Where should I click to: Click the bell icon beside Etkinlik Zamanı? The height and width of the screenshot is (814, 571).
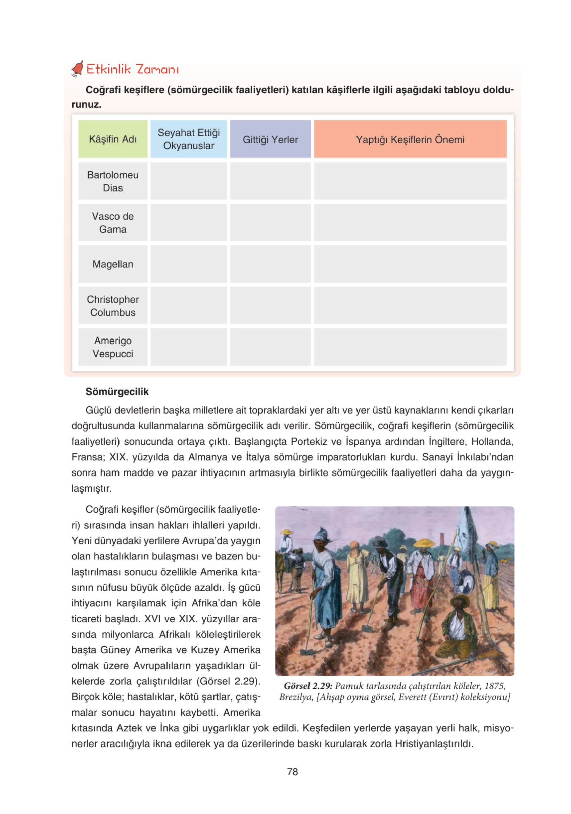(x=77, y=69)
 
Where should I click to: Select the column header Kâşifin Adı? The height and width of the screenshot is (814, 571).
(x=113, y=139)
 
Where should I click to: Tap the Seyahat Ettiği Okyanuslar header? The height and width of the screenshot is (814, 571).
(x=189, y=139)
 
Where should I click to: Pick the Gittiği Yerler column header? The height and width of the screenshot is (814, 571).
(x=270, y=139)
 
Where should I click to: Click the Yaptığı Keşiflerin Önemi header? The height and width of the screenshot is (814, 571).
(x=410, y=139)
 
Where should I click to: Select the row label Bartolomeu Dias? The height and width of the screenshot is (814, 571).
(x=113, y=181)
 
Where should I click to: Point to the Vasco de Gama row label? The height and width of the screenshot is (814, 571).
(x=113, y=223)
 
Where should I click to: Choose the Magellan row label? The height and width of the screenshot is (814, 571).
(x=113, y=264)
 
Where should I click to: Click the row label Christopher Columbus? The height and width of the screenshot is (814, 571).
(x=113, y=306)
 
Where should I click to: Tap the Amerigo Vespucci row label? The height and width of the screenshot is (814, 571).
(x=113, y=347)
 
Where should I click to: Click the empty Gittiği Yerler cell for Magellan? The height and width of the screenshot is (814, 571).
(x=270, y=264)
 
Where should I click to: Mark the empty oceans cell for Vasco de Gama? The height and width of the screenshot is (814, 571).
(x=189, y=223)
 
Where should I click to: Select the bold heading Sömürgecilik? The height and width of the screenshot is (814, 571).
(x=117, y=392)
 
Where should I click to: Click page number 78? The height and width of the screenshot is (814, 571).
(x=292, y=772)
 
